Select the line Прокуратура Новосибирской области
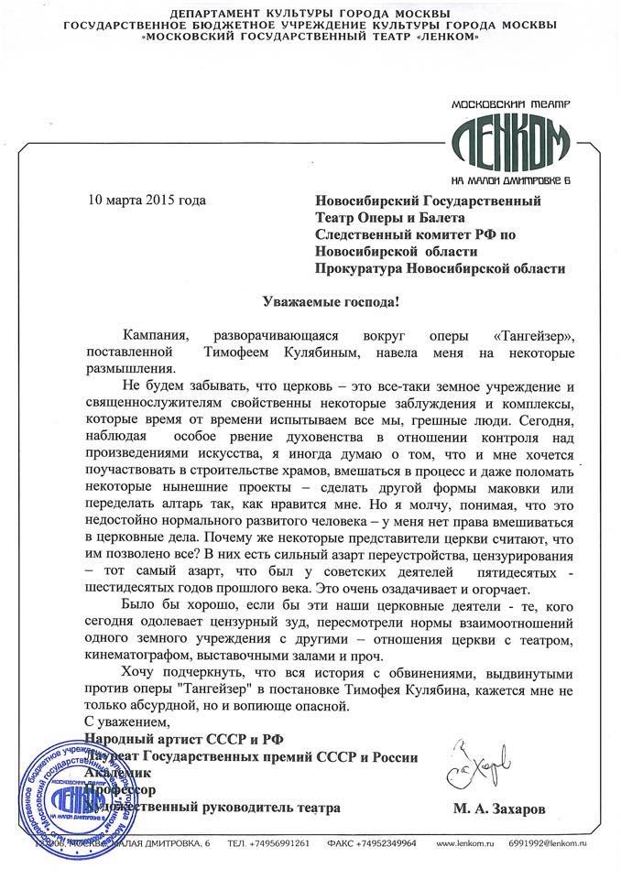[x=439, y=268]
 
